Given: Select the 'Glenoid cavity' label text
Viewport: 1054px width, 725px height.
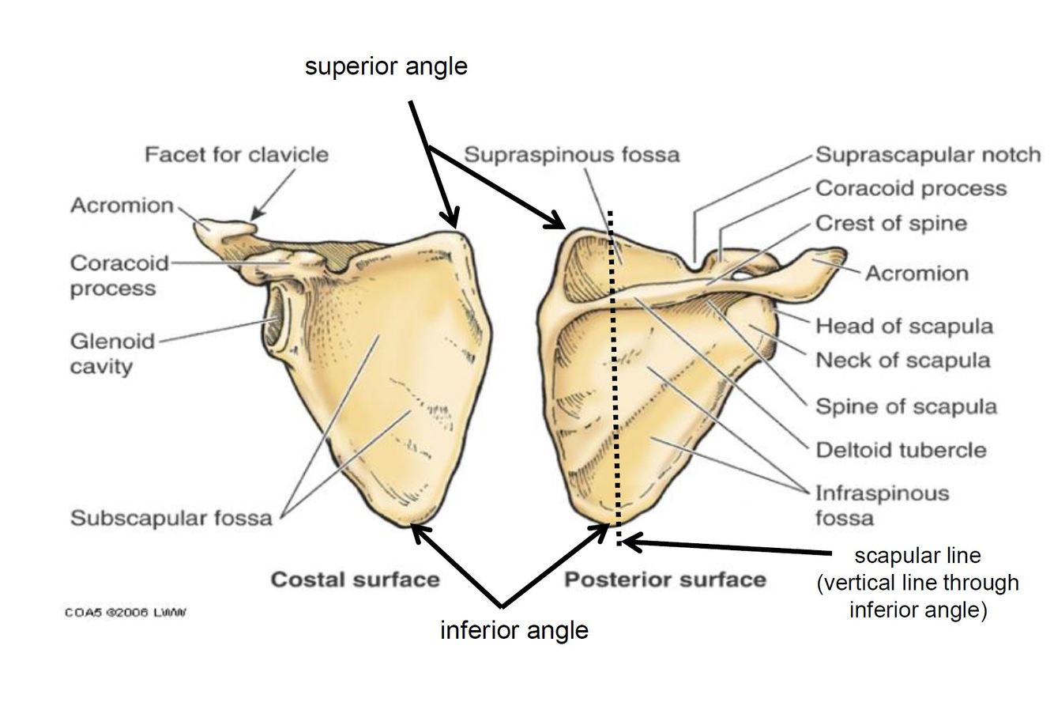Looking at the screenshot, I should (113, 353).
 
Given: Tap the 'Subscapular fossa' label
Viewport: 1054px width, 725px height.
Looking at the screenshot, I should (171, 518).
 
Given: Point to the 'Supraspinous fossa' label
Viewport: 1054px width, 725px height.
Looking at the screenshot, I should (570, 154).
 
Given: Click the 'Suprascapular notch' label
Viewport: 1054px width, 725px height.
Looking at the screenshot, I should (928, 154).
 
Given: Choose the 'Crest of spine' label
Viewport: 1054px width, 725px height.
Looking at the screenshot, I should (890, 223).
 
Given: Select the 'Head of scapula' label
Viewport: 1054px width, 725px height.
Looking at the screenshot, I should (904, 326).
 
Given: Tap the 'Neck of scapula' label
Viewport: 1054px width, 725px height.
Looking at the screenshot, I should (902, 361).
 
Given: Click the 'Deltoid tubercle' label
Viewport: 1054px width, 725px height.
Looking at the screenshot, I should (901, 450).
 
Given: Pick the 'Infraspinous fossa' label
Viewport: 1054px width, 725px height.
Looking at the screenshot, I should (882, 505).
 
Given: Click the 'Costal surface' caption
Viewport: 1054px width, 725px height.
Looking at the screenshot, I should (355, 580).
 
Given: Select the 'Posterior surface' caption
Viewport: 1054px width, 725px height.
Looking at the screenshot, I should (664, 580).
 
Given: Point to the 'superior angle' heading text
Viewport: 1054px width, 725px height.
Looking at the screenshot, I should (386, 66).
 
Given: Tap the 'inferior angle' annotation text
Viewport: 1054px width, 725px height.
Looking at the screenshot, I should (514, 630).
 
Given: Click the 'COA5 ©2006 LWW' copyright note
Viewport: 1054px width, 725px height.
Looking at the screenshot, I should (126, 612).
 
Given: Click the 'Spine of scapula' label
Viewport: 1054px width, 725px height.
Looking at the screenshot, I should (905, 406).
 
